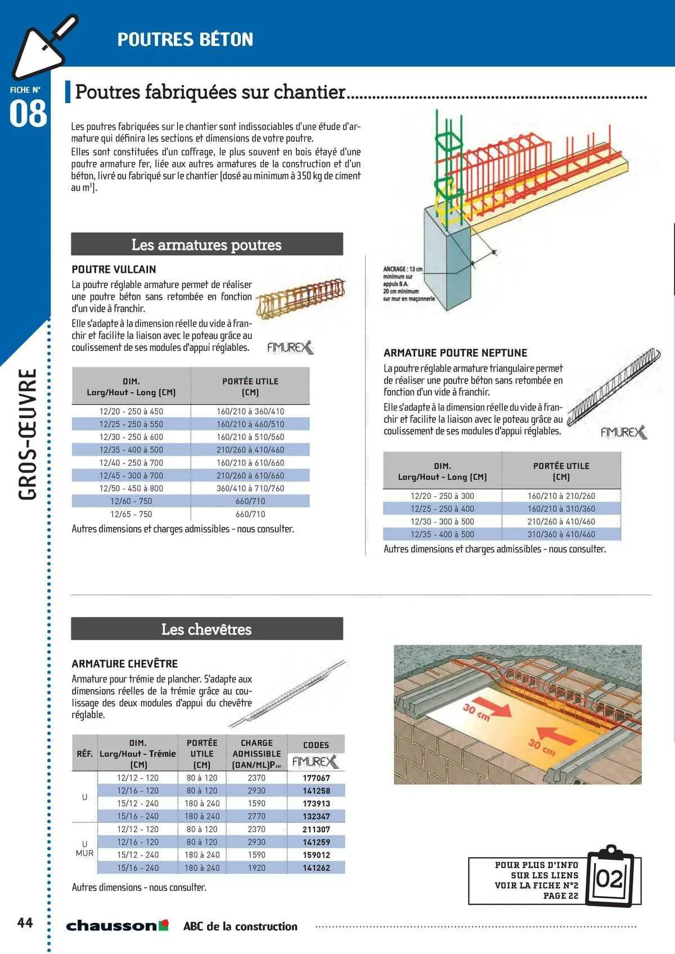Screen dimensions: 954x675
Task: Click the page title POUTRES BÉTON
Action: tap(185, 39)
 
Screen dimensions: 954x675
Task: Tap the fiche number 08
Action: tap(28, 114)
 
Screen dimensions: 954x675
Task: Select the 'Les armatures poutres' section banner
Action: tap(206, 245)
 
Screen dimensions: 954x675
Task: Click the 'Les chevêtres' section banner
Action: tap(206, 629)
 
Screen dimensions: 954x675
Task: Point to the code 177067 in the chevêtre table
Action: tap(316, 778)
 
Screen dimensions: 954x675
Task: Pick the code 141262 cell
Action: tap(316, 868)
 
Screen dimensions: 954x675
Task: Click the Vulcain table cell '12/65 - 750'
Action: tap(131, 514)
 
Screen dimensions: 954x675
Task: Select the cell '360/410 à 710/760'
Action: tap(250, 488)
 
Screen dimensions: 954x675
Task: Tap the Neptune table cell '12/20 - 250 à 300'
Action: tap(442, 496)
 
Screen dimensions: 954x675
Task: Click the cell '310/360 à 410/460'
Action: tap(561, 534)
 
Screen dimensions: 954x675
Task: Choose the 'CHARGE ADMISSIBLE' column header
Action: tap(256, 753)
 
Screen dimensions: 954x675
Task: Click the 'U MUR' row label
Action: tap(84, 848)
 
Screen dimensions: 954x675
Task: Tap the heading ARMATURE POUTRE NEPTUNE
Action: tap(455, 353)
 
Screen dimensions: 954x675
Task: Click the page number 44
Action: tap(25, 922)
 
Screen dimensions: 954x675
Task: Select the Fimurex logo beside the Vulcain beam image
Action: tap(290, 348)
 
